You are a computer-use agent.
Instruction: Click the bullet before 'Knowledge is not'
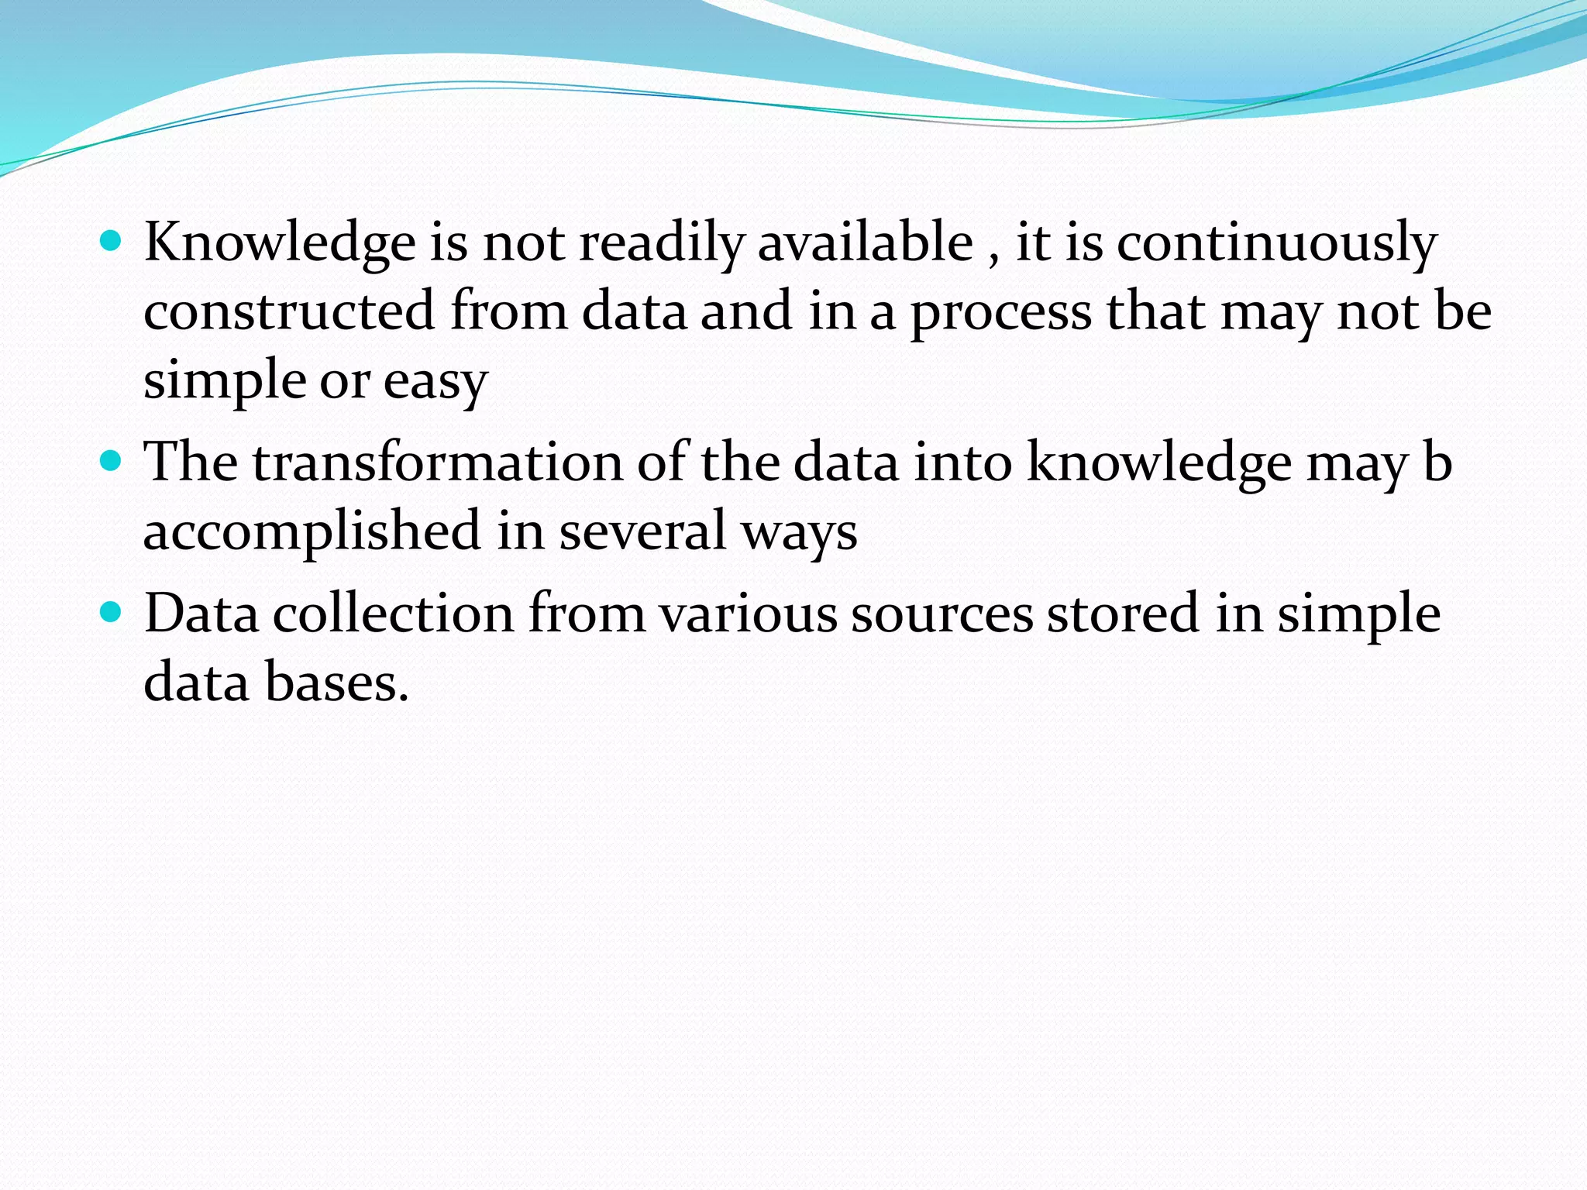coord(112,241)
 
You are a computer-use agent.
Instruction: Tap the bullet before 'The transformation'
coord(112,461)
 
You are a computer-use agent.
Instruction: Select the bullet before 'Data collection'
coord(112,613)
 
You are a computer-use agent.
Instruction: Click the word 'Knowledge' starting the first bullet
coord(280,242)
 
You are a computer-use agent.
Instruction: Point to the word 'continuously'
coord(1277,242)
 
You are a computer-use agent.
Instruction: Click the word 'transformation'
coord(438,463)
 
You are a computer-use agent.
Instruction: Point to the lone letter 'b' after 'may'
coord(1437,463)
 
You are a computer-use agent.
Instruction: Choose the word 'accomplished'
coord(312,531)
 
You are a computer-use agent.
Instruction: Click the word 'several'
coord(642,531)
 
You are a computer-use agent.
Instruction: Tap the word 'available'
coord(865,242)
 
